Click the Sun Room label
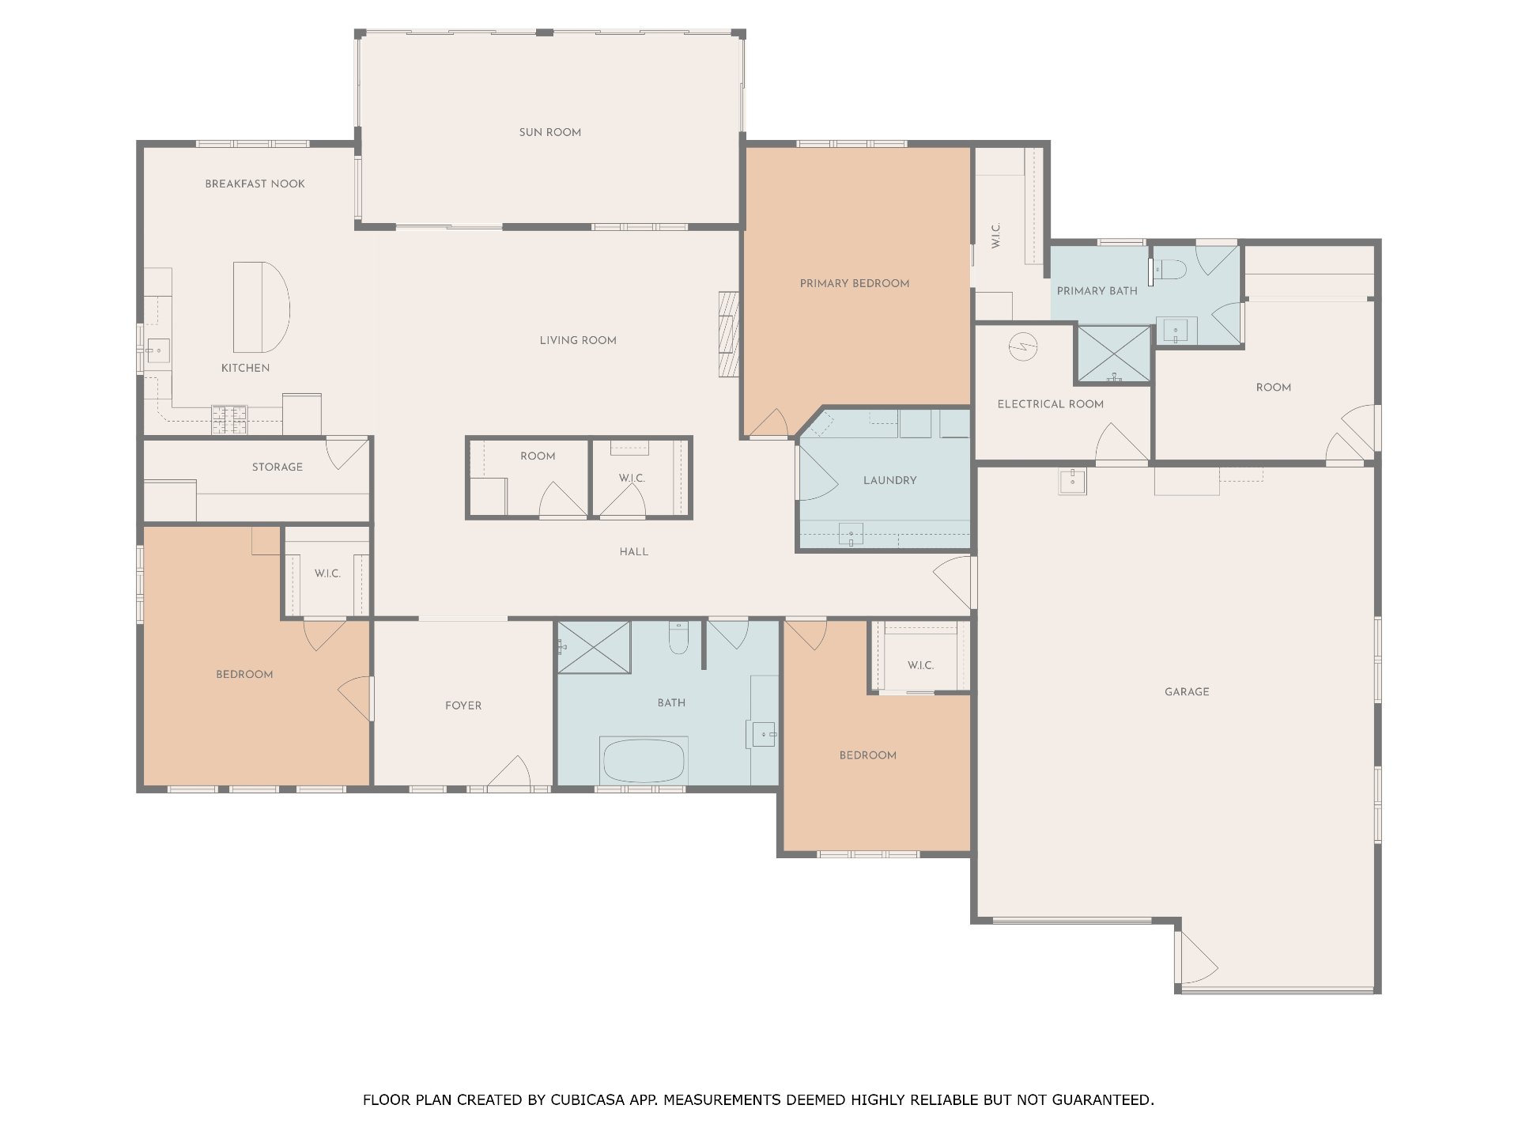click(x=549, y=132)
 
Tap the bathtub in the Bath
click(x=644, y=761)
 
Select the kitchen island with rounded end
click(x=260, y=307)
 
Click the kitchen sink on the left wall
click(x=157, y=350)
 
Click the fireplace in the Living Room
click(x=727, y=334)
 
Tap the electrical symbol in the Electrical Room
click(x=1023, y=346)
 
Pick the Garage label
click(x=1186, y=692)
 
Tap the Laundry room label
click(x=889, y=480)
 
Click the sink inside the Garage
click(x=1072, y=480)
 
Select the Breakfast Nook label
click(x=255, y=184)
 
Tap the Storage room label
click(x=277, y=467)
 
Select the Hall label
click(x=633, y=551)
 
